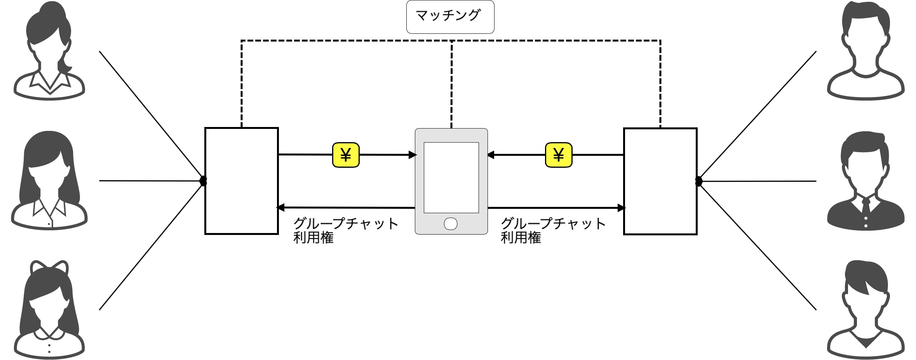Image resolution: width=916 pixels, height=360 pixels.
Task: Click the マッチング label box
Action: [x=450, y=17]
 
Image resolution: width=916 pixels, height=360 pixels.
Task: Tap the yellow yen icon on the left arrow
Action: [x=345, y=155]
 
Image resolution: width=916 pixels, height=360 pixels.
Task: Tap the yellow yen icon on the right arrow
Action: [x=558, y=155]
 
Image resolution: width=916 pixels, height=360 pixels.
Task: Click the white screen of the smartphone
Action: [x=451, y=177]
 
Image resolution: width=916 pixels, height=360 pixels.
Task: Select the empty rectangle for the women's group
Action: [x=241, y=181]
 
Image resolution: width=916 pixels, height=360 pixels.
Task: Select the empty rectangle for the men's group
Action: [x=660, y=181]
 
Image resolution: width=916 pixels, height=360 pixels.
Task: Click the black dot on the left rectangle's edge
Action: [x=203, y=181]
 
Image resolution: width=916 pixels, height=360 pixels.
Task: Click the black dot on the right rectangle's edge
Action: [x=698, y=181]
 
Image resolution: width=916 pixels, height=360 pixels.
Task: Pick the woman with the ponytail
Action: [x=49, y=50]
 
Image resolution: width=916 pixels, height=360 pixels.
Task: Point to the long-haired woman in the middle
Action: [x=49, y=181]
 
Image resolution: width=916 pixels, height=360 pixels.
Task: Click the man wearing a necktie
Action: [x=865, y=181]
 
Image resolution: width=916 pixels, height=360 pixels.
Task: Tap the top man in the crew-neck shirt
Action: [x=865, y=50]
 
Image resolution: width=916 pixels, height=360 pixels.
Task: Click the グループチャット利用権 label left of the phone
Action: [x=345, y=230]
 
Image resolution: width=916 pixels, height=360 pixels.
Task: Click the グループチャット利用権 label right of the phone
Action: [x=552, y=230]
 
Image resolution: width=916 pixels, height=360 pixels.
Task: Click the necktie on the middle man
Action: [x=866, y=206]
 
